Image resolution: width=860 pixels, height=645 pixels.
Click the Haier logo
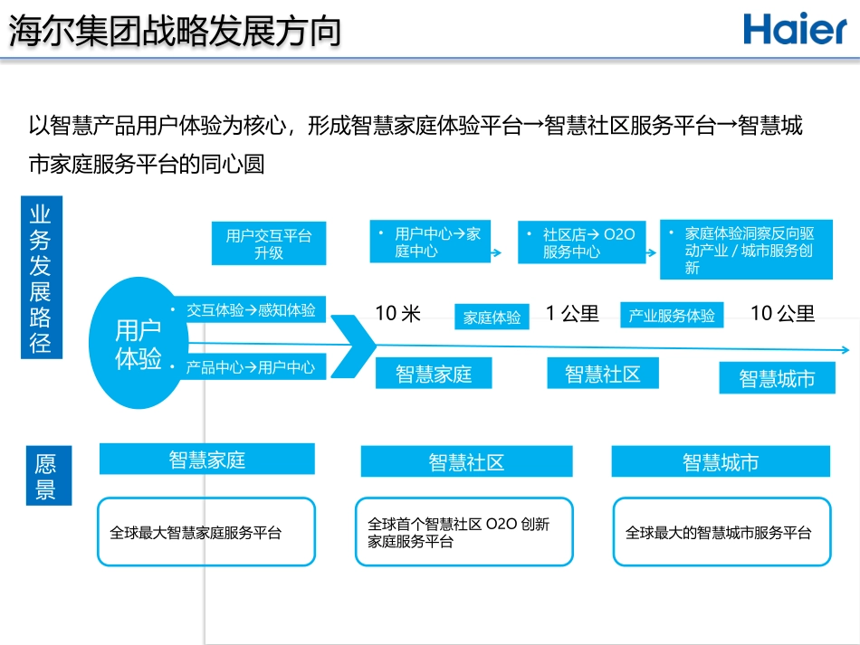click(795, 29)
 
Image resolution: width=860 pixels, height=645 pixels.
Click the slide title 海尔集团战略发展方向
click(175, 31)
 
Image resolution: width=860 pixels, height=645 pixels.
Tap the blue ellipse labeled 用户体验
click(138, 344)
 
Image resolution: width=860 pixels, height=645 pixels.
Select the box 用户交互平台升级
click(269, 244)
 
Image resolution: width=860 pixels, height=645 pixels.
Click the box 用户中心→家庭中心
click(430, 242)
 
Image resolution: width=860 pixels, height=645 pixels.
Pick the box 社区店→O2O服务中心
click(582, 243)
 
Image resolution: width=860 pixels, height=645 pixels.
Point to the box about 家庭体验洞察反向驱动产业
click(743, 250)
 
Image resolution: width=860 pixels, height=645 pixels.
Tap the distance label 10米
click(398, 314)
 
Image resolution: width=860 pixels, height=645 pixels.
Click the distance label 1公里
click(572, 314)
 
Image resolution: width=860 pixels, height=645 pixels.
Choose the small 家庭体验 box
click(492, 318)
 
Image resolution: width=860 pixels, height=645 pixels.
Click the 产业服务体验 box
click(672, 316)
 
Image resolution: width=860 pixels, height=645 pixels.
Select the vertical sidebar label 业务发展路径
click(41, 278)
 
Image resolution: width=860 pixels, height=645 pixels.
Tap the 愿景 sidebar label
click(45, 477)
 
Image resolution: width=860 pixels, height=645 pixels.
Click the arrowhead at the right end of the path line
click(846, 350)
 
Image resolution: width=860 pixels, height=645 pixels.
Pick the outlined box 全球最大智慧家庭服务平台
click(206, 532)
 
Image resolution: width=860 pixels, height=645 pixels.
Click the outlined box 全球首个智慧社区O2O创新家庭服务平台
click(463, 532)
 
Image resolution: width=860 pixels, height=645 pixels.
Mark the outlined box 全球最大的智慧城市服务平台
click(721, 532)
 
